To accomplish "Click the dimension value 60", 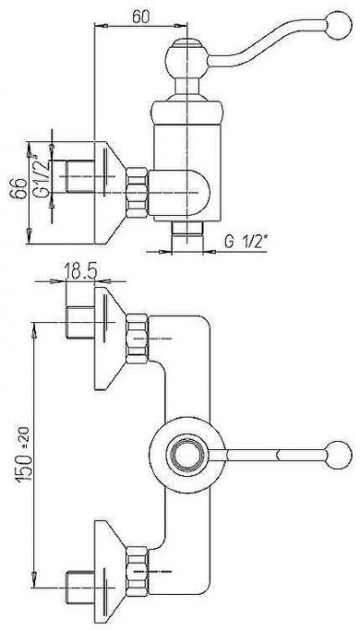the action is click(140, 16).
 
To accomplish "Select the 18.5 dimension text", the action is click(81, 272).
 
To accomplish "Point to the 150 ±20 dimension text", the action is click(24, 454).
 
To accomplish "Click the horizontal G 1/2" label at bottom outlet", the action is click(247, 241).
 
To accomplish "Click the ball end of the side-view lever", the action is click(339, 25).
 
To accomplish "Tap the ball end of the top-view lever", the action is click(338, 454).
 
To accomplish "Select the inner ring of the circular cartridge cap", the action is click(185, 454).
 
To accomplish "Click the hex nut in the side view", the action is click(137, 193).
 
